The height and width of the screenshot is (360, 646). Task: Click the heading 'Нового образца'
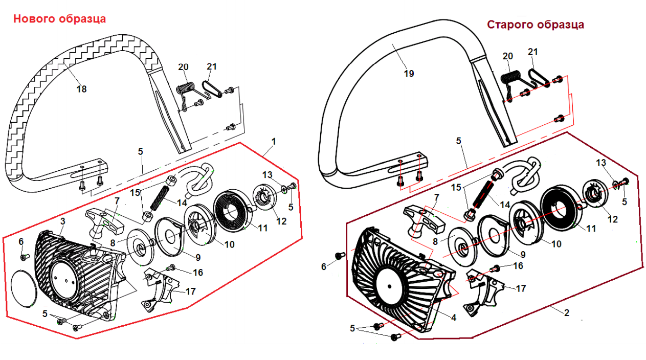click(x=59, y=19)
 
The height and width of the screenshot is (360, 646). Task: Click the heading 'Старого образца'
click(x=535, y=25)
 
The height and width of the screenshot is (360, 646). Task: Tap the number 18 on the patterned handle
click(x=81, y=89)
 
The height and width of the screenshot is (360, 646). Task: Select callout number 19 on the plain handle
click(x=408, y=73)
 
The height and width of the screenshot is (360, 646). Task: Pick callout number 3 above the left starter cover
click(x=63, y=221)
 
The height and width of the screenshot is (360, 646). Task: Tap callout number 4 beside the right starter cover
click(x=453, y=317)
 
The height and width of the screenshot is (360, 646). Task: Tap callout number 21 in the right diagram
click(x=533, y=52)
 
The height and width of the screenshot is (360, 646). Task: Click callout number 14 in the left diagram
click(x=182, y=202)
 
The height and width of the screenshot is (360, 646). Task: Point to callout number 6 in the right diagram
click(x=324, y=266)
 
